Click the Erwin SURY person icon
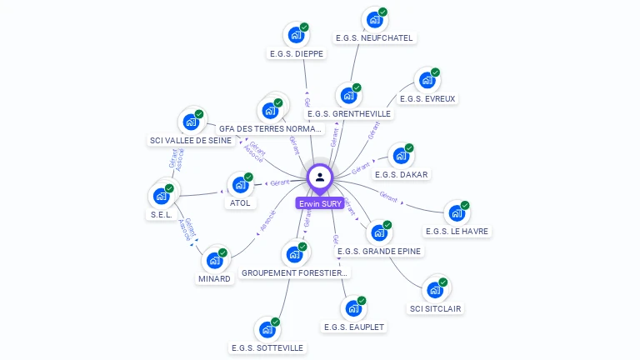pyautogui.click(x=320, y=177)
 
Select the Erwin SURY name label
pyautogui.click(x=320, y=203)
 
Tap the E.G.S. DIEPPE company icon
pyautogui.click(x=295, y=35)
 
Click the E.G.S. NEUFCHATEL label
pyautogui.click(x=373, y=37)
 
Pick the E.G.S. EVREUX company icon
pyautogui.click(x=427, y=81)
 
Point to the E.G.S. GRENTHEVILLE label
pyautogui.click(x=348, y=114)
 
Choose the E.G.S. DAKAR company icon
pyautogui.click(x=401, y=157)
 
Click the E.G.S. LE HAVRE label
pyautogui.click(x=457, y=231)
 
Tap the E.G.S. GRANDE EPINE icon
pyautogui.click(x=379, y=232)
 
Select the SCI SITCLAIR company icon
pyautogui.click(x=435, y=290)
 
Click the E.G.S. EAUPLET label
pyautogui.click(x=354, y=327)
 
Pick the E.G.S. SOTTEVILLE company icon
pyautogui.click(x=267, y=329)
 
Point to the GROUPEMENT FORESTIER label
pyautogui.click(x=294, y=272)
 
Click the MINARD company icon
pyautogui.click(x=215, y=259)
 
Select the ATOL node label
pyautogui.click(x=240, y=202)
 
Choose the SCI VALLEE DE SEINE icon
pyautogui.click(x=191, y=122)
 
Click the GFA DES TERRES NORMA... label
pyautogui.click(x=269, y=129)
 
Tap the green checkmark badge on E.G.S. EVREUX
pyautogui.click(x=435, y=73)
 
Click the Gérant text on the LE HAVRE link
pyautogui.click(x=388, y=197)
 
